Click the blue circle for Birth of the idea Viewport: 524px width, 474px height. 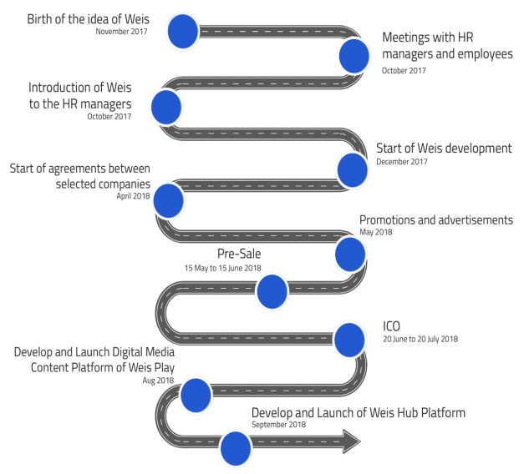click(183, 31)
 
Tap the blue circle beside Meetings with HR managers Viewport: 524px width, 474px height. click(354, 56)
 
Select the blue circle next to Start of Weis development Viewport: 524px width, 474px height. click(353, 170)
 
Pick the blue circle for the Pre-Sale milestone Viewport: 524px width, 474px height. click(272, 291)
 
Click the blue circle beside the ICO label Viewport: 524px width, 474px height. click(349, 340)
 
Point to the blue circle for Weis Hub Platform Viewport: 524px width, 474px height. click(236, 448)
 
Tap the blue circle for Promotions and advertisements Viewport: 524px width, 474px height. click(350, 255)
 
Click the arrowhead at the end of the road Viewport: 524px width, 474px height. click(352, 441)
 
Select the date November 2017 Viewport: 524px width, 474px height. click(121, 32)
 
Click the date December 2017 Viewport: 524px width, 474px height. click(402, 162)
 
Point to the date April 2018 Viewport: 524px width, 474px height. click(133, 196)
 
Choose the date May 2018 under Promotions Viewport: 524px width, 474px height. click(375, 232)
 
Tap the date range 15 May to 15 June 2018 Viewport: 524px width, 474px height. click(223, 268)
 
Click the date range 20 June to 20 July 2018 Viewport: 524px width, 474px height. click(420, 339)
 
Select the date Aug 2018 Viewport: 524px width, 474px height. click(158, 381)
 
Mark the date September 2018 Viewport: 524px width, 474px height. click(278, 425)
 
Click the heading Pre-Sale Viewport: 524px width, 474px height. click(239, 254)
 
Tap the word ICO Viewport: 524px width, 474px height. click(391, 326)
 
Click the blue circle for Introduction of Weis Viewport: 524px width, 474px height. click(166, 107)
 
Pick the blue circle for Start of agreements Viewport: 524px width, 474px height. click(168, 200)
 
